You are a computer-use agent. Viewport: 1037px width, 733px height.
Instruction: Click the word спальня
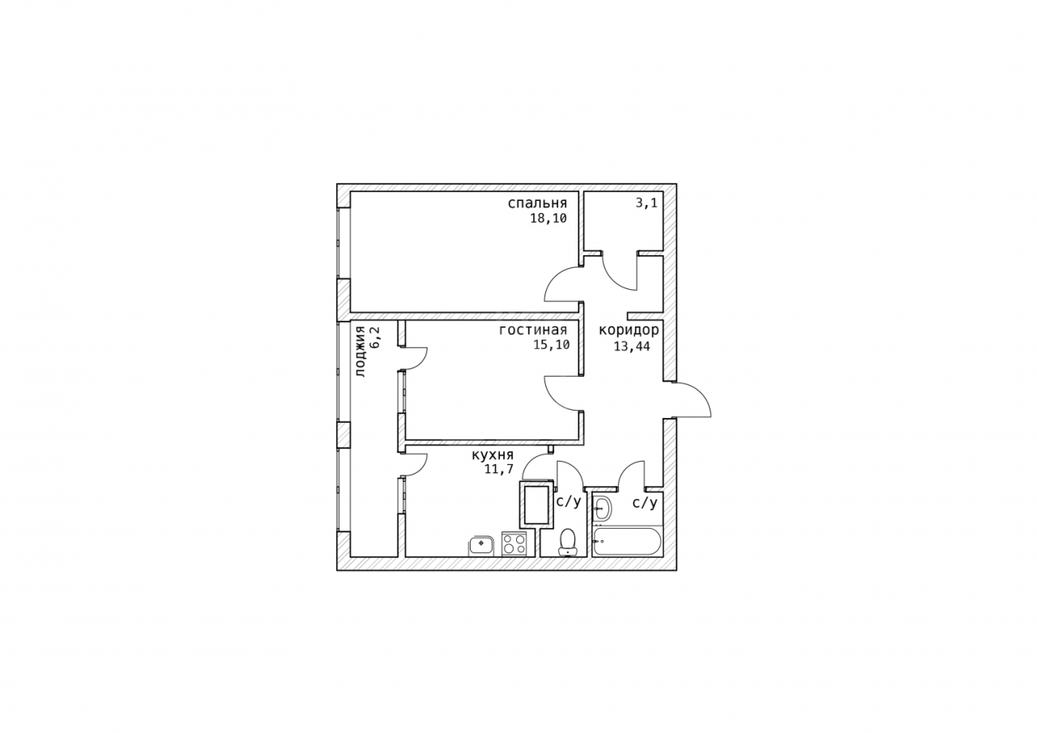pyautogui.click(x=537, y=203)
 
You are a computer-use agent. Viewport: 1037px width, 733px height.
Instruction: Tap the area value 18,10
pyautogui.click(x=548, y=219)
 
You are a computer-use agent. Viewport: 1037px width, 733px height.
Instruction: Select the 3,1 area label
pyautogui.click(x=647, y=202)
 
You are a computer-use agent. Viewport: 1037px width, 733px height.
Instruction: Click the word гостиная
pyautogui.click(x=533, y=330)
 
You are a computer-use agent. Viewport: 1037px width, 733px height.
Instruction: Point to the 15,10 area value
pyautogui.click(x=552, y=345)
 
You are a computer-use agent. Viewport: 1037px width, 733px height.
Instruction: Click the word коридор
pyautogui.click(x=629, y=331)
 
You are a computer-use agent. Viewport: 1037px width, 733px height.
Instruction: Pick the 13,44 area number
pyautogui.click(x=632, y=346)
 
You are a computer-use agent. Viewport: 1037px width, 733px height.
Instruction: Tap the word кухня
pyautogui.click(x=493, y=455)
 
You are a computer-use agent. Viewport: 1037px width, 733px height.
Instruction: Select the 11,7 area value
pyautogui.click(x=499, y=469)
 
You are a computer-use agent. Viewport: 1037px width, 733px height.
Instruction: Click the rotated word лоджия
pyautogui.click(x=361, y=352)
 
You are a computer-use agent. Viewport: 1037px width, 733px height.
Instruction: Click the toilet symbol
pyautogui.click(x=567, y=541)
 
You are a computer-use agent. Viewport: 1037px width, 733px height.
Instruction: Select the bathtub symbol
pyautogui.click(x=627, y=541)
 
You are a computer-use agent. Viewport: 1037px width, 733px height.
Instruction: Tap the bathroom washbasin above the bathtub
pyautogui.click(x=602, y=509)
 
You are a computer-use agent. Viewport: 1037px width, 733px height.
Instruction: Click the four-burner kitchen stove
pyautogui.click(x=514, y=543)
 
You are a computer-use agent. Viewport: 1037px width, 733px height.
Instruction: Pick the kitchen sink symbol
pyautogui.click(x=482, y=546)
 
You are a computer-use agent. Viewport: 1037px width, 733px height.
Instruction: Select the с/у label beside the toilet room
pyautogui.click(x=569, y=501)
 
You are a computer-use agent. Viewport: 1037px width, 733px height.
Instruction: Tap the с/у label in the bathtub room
pyautogui.click(x=645, y=503)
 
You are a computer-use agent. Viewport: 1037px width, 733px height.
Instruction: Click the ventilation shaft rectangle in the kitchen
pyautogui.click(x=536, y=505)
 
